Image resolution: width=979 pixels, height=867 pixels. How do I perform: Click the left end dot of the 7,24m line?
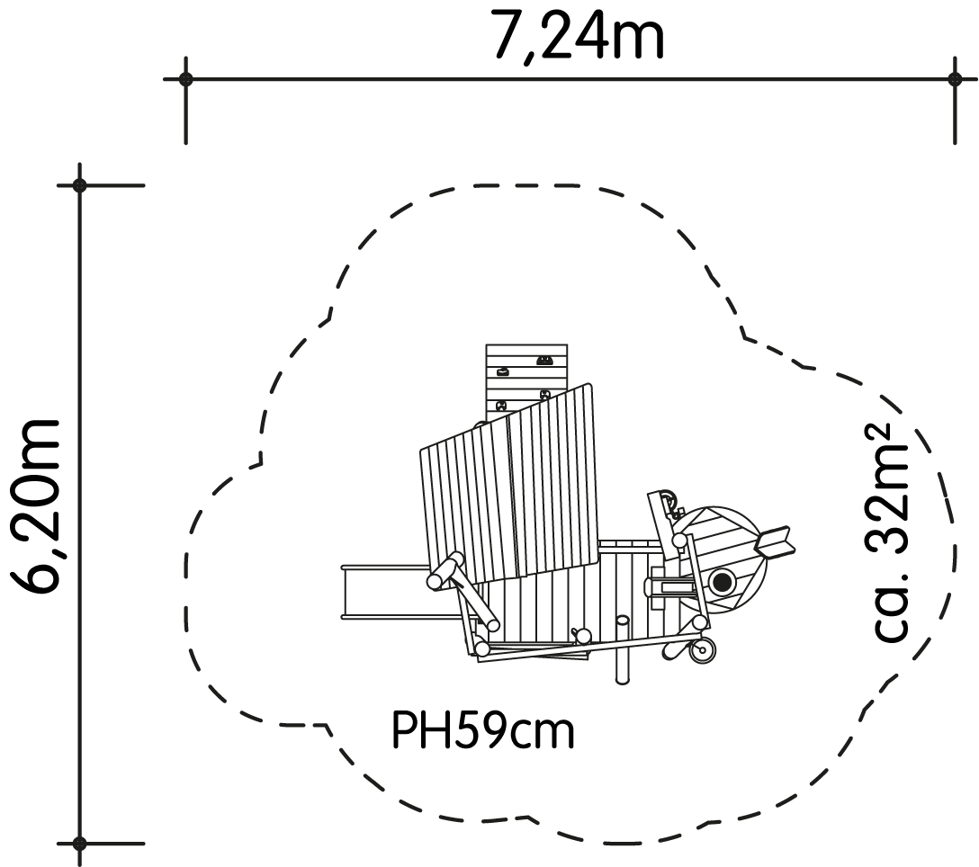(x=185, y=79)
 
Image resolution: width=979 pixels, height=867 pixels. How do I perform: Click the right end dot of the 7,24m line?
(x=955, y=79)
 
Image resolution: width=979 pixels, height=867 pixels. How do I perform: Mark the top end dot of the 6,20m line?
(x=79, y=185)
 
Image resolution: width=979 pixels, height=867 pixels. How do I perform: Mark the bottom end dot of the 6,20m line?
(x=79, y=844)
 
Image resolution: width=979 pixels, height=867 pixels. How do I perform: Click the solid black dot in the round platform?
(x=722, y=583)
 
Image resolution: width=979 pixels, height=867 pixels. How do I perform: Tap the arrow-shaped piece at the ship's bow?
(x=775, y=541)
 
